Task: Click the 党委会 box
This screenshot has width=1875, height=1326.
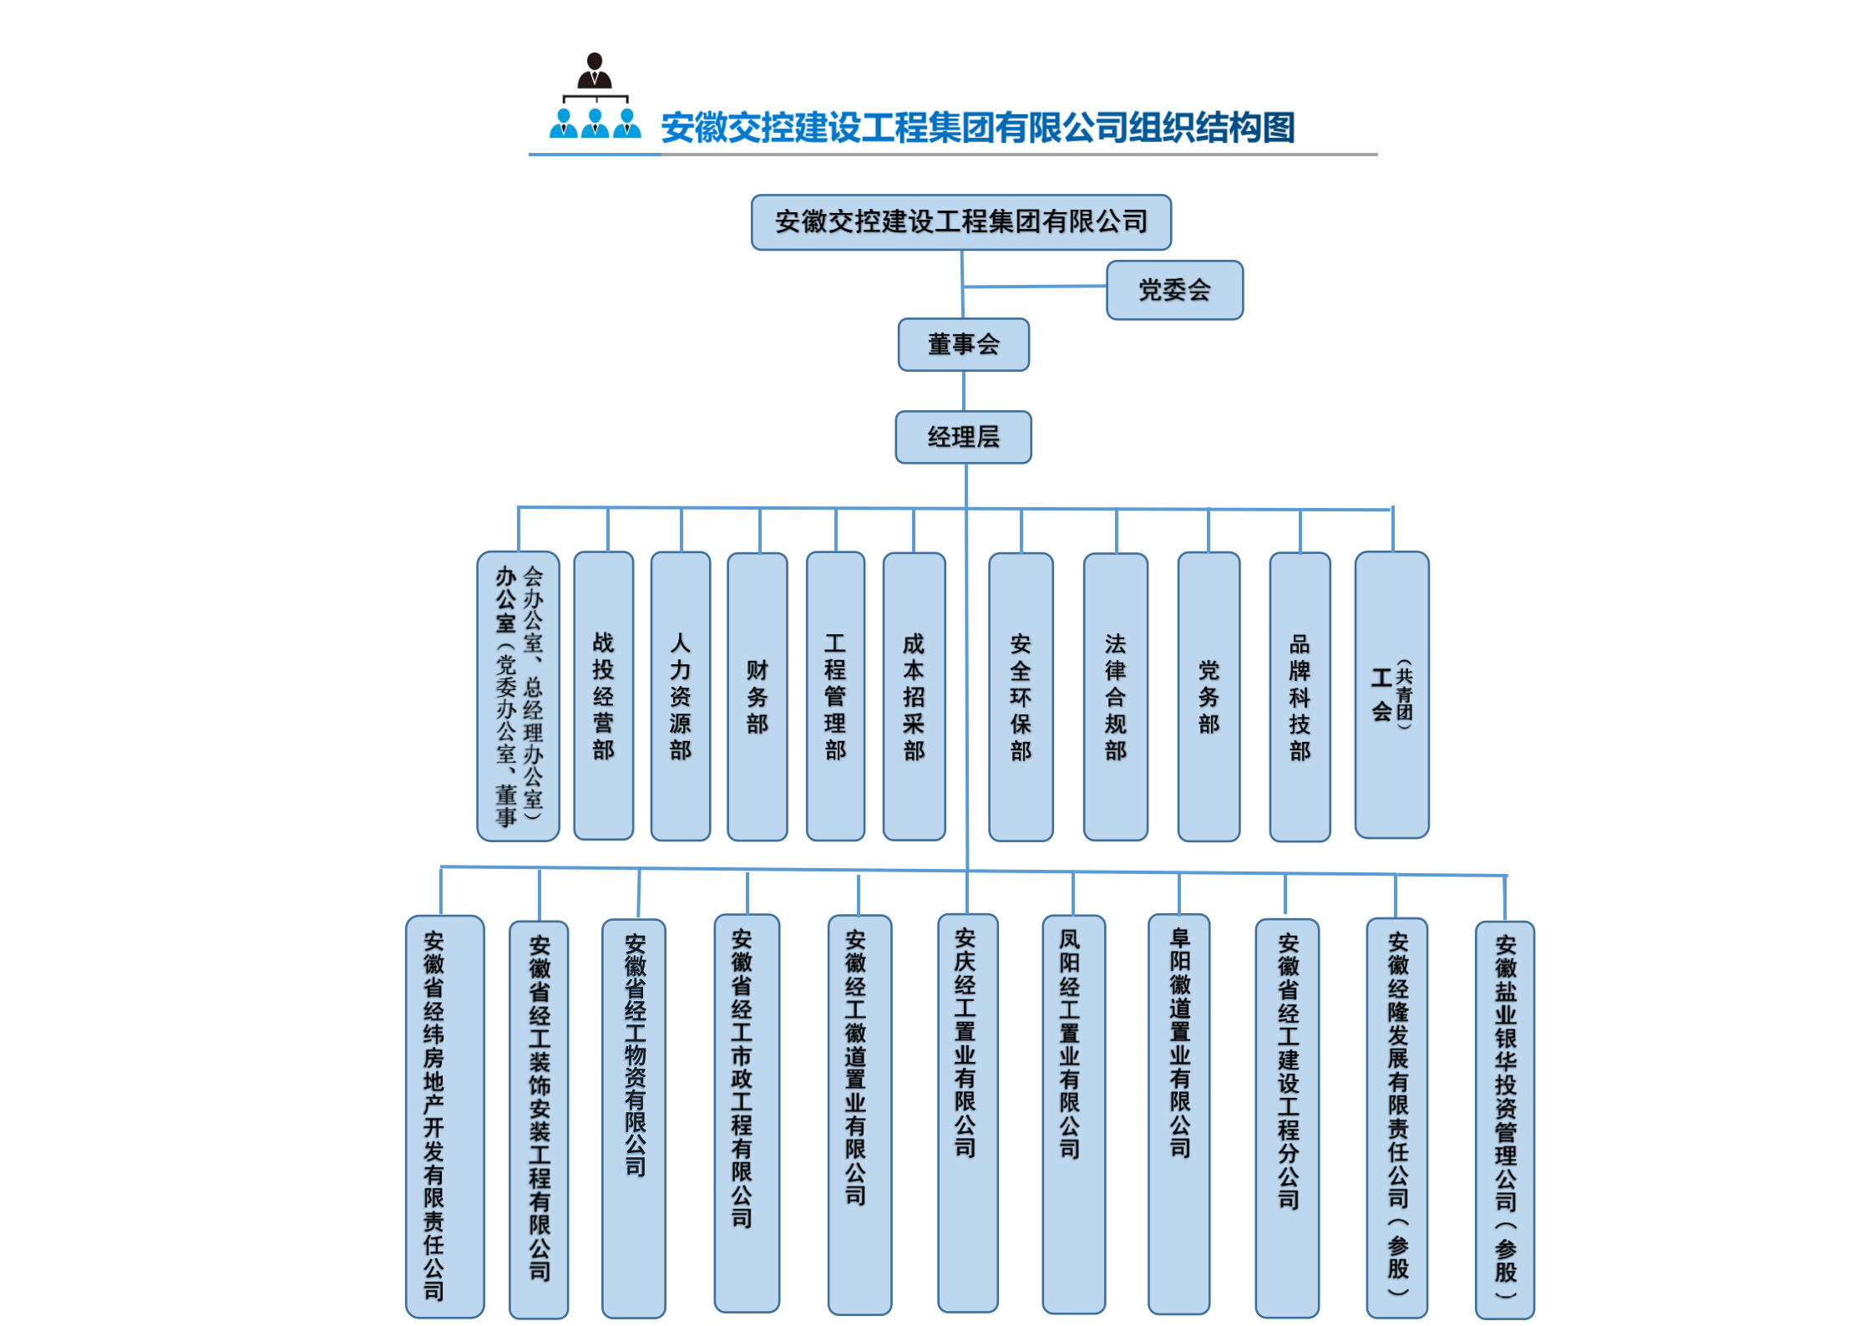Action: point(1174,290)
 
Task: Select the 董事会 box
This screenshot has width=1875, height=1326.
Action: point(963,344)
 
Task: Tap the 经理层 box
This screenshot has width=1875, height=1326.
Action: point(963,437)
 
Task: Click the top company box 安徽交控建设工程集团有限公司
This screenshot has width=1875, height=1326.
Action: point(960,222)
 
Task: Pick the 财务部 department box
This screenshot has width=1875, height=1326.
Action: point(757,696)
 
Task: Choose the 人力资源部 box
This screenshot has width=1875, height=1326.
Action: point(680,696)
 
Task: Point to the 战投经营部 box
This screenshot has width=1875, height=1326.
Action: point(603,696)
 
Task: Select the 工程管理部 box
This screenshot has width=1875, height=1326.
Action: point(835,696)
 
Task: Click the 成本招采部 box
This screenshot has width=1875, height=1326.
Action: point(914,696)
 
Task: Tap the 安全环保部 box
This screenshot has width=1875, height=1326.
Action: point(1021,696)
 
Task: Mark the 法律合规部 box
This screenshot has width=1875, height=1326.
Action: point(1115,696)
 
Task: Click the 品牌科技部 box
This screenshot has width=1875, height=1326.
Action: point(1300,696)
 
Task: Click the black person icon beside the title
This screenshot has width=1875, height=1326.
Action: point(595,71)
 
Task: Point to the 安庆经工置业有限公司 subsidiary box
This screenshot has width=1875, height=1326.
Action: point(967,1111)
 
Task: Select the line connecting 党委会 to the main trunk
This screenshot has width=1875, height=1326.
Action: point(1036,287)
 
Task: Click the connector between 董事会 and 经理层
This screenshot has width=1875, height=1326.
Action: point(964,391)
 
